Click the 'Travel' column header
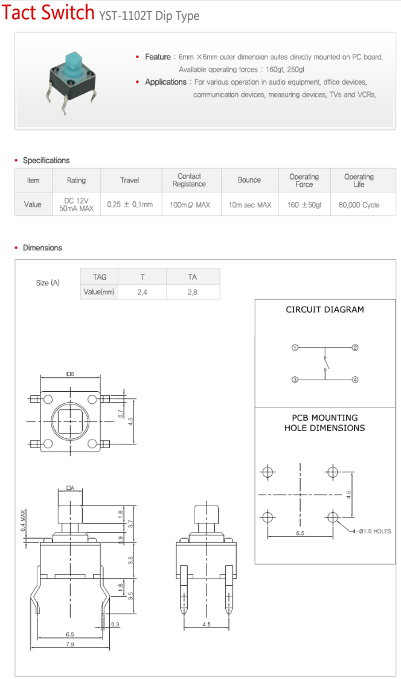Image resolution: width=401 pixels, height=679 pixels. coord(130,181)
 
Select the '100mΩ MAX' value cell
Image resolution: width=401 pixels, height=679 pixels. coord(190,205)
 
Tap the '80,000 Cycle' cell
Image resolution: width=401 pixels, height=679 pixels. coord(359,205)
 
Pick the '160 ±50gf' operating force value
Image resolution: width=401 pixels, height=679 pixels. coord(304,205)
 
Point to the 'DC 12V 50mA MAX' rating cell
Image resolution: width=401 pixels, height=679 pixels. coord(76,204)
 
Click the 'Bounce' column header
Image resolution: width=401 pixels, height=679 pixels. coord(249,180)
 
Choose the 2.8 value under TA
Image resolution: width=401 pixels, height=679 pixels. coord(193,292)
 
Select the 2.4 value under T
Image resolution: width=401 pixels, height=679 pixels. coord(143,292)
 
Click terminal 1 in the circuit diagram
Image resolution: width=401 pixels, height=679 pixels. coord(295,347)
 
